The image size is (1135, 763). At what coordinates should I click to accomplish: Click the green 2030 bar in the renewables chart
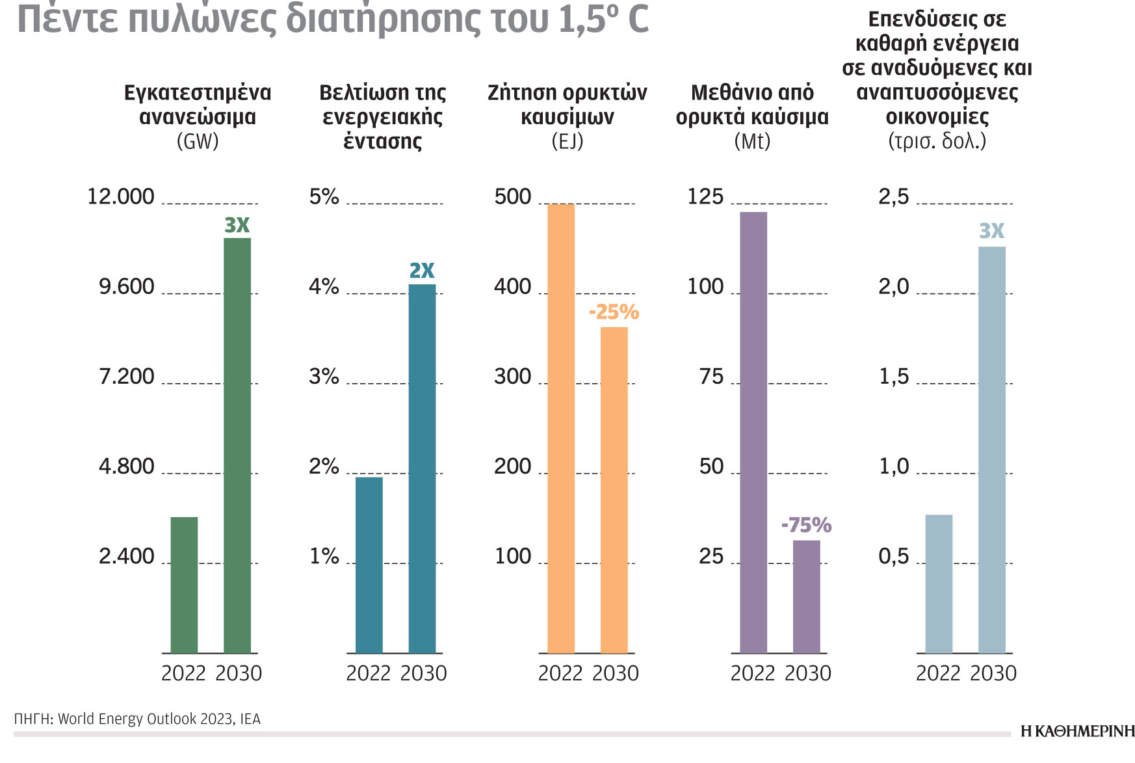[237, 445]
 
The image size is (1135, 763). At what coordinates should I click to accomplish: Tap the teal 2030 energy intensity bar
[422, 468]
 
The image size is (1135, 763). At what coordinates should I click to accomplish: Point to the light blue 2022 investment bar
[939, 583]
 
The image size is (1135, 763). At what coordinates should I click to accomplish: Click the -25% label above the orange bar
[614, 312]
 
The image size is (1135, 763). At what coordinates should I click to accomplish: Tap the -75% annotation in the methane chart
[806, 525]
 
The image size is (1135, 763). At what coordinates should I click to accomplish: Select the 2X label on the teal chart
[422, 271]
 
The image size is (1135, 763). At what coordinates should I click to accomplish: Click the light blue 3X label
[991, 231]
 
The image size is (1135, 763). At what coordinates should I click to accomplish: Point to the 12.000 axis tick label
[121, 196]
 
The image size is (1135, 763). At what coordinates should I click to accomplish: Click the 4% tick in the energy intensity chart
[324, 286]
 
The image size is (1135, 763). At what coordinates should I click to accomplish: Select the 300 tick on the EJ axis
[513, 377]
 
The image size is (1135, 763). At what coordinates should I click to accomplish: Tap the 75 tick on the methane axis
[711, 377]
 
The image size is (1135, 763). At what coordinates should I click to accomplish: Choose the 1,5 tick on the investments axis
[894, 377]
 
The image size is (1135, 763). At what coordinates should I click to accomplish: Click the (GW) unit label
[198, 141]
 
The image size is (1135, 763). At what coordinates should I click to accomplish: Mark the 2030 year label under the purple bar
[808, 673]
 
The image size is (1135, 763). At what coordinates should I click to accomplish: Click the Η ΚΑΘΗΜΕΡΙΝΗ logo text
[1077, 731]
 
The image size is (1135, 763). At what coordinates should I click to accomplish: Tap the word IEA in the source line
[250, 719]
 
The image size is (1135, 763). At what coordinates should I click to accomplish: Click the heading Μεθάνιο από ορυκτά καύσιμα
[752, 105]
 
